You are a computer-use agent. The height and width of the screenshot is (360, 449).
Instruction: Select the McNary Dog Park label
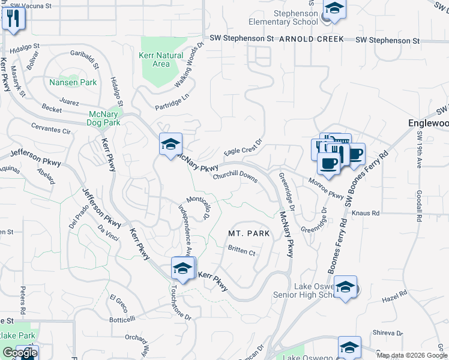(x=96, y=118)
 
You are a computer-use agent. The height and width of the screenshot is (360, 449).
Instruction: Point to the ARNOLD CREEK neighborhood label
(x=312, y=39)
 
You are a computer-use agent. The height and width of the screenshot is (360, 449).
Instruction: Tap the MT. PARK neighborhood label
(x=246, y=232)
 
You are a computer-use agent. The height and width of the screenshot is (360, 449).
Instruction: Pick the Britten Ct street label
(x=242, y=251)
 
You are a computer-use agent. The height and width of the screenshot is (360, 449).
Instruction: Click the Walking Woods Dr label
(x=185, y=68)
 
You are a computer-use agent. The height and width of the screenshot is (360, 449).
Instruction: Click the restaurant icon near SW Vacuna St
(x=11, y=18)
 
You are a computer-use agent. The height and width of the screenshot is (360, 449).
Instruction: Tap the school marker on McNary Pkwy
(x=170, y=144)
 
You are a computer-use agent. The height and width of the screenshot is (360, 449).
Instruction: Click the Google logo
(x=19, y=353)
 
